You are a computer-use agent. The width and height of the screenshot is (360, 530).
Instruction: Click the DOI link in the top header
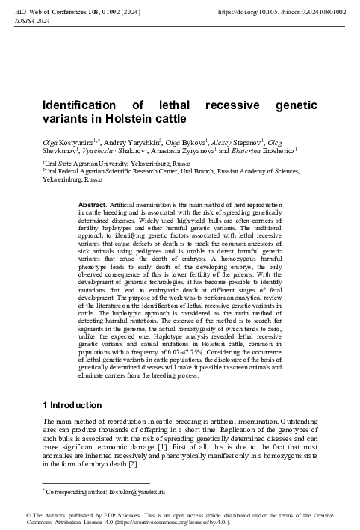[287, 13]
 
